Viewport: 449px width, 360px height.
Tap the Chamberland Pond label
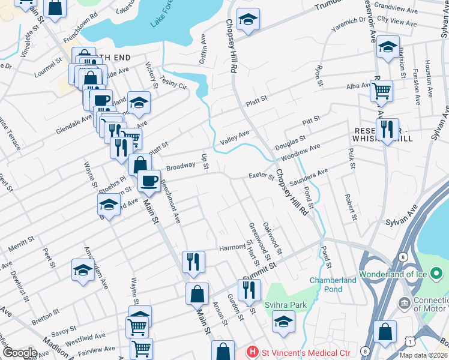click(x=334, y=285)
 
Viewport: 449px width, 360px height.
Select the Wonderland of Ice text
click(x=393, y=275)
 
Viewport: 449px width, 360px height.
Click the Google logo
click(x=20, y=352)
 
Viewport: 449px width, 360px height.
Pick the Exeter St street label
click(x=261, y=176)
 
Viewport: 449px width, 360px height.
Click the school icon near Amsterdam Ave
click(x=83, y=270)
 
